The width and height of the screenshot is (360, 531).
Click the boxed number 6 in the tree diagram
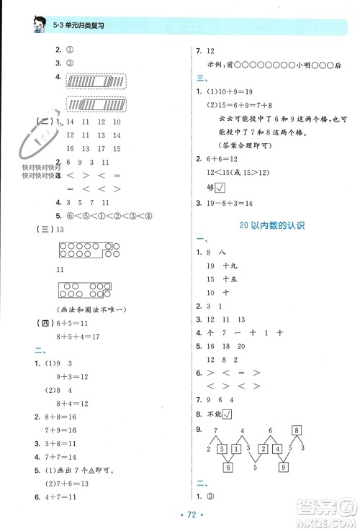pos(227,468)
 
